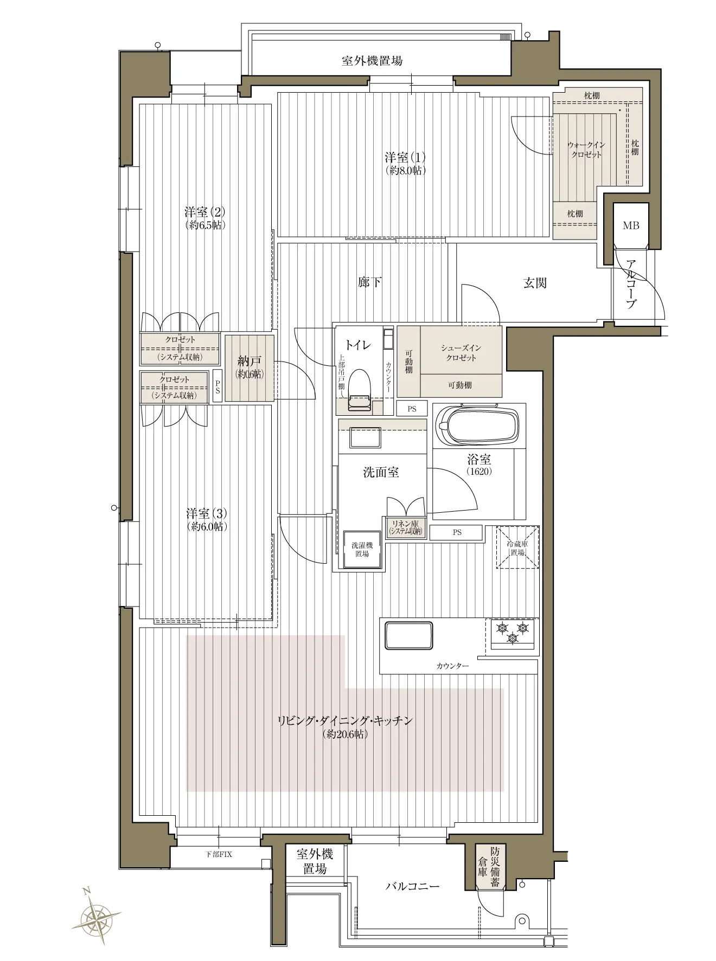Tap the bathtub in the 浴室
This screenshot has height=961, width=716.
click(478, 426)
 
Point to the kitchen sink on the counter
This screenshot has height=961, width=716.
click(408, 635)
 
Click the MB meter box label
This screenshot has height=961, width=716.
click(631, 225)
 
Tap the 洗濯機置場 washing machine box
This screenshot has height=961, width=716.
click(362, 549)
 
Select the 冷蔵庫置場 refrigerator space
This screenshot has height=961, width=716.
click(517, 547)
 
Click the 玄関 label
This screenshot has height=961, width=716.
click(535, 283)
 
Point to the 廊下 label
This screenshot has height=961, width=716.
click(369, 282)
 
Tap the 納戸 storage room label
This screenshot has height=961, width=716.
click(249, 360)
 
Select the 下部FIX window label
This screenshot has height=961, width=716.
click(219, 854)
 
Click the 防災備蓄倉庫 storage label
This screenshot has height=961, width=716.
click(489, 868)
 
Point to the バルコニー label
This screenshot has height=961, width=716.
click(412, 887)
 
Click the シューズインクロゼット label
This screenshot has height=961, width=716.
click(461, 353)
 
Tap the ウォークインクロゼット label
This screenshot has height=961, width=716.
click(586, 150)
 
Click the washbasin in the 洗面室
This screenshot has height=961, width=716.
click(365, 437)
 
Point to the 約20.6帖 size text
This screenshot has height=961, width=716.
click(345, 734)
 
